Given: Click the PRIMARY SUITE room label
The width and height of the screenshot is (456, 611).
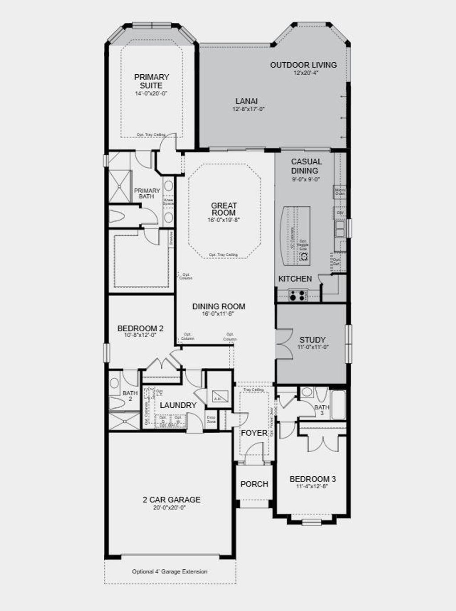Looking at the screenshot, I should pyautogui.click(x=151, y=81).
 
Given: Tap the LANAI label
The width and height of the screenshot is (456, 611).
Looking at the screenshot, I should pyautogui.click(x=247, y=101).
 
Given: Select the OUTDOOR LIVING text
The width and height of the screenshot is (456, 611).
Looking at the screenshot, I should pyautogui.click(x=303, y=65).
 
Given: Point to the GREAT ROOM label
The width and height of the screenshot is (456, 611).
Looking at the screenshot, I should pyautogui.click(x=224, y=209).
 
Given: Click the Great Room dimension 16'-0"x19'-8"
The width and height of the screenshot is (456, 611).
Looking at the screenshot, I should pyautogui.click(x=224, y=220).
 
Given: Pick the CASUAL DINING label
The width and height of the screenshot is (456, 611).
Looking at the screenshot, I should pyautogui.click(x=306, y=166).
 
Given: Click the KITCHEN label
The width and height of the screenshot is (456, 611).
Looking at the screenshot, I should pyautogui.click(x=295, y=279).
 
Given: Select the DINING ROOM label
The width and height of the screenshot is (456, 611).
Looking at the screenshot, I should pyautogui.click(x=219, y=306).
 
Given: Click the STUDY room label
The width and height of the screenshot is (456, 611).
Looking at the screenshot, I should pyautogui.click(x=312, y=340).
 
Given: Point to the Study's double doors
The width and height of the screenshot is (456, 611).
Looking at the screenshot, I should pyautogui.click(x=283, y=343).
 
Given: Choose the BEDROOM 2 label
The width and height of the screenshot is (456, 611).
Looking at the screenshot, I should pyautogui.click(x=140, y=329).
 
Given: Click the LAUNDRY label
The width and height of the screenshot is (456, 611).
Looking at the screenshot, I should pyautogui.click(x=178, y=405).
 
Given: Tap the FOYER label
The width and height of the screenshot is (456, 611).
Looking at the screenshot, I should pyautogui.click(x=254, y=433).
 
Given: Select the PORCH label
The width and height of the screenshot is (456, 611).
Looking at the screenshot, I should pyautogui.click(x=254, y=484).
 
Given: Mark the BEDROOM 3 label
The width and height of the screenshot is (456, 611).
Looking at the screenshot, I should pyautogui.click(x=313, y=479).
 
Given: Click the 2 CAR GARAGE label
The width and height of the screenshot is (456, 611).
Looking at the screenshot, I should pyautogui.click(x=171, y=500).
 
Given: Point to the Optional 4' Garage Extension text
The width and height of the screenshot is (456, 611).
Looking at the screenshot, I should pyautogui.click(x=170, y=571).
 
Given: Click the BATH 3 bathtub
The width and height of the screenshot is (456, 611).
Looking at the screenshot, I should pyautogui.click(x=338, y=405).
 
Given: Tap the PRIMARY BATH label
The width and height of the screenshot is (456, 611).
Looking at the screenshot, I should pyautogui.click(x=147, y=193).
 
